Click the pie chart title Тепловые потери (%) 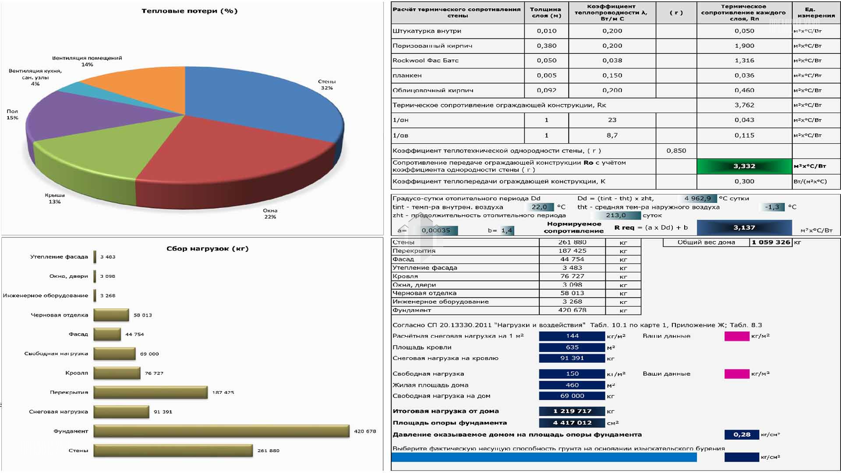189,11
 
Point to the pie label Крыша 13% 55,198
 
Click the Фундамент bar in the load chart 221,431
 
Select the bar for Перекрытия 150,392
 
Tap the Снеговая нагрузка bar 121,412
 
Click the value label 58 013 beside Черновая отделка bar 143,315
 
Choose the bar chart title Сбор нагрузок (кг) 207,249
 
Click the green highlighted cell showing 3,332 744,166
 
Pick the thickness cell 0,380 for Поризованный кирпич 546,46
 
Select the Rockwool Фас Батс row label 425,60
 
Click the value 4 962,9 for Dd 697,198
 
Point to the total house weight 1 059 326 770,242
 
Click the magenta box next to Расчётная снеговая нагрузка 737,336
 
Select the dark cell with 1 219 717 572,411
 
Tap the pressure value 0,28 742,434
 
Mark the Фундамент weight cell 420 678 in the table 572,310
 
